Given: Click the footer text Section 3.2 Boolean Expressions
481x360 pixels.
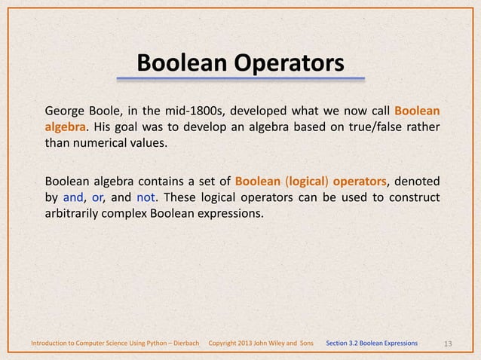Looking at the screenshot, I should point(372,343).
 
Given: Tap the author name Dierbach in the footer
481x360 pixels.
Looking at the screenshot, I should point(182,343).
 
